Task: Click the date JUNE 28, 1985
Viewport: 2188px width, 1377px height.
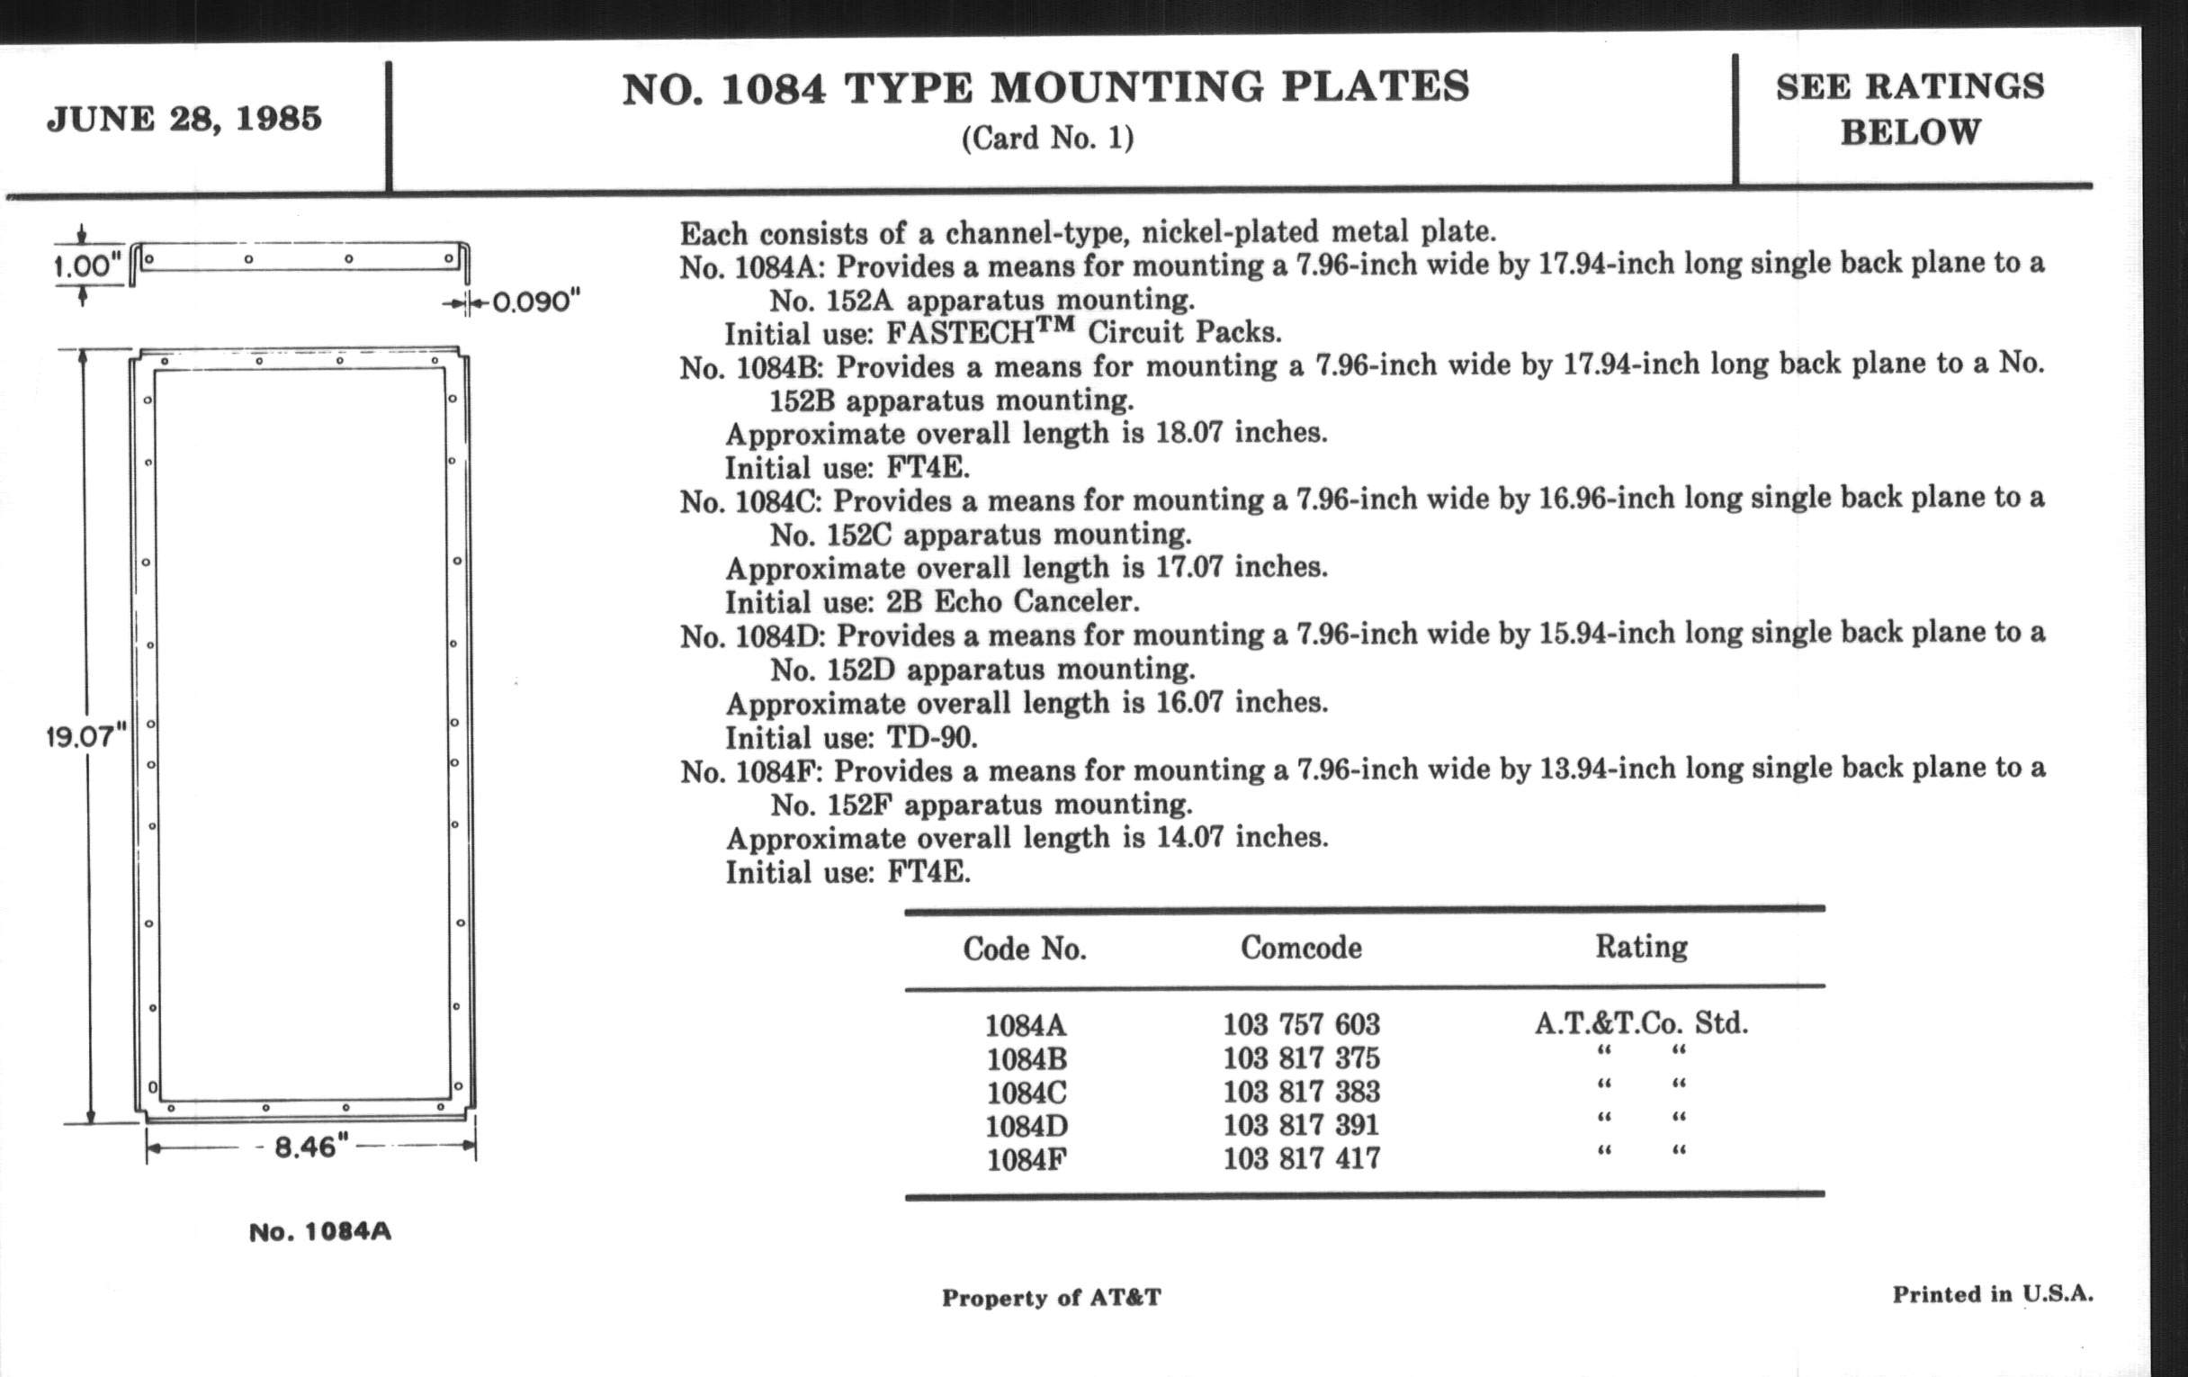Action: (184, 119)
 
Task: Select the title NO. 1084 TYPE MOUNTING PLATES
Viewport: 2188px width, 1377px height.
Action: (1045, 88)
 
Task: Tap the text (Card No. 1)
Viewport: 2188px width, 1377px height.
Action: (1046, 139)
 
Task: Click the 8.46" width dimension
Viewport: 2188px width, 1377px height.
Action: (305, 1147)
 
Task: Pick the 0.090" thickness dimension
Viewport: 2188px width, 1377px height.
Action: (535, 301)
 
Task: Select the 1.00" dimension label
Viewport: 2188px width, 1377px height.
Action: (86, 266)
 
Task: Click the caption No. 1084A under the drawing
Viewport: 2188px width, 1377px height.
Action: (320, 1232)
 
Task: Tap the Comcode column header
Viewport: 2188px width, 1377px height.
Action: (1301, 948)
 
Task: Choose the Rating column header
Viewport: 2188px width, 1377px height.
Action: (1641, 946)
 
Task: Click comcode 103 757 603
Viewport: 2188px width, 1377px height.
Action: (1301, 1024)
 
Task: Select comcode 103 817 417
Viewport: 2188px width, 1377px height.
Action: (1301, 1158)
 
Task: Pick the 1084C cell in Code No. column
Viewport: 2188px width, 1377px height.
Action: (1027, 1092)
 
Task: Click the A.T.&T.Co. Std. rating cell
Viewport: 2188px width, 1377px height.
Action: (1641, 1023)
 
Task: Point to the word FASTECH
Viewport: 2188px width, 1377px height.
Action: (961, 333)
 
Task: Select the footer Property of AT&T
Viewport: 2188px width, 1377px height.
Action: (1052, 1297)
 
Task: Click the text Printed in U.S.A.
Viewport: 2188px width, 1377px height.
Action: (1993, 1294)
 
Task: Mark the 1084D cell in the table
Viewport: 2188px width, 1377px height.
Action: (1027, 1125)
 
